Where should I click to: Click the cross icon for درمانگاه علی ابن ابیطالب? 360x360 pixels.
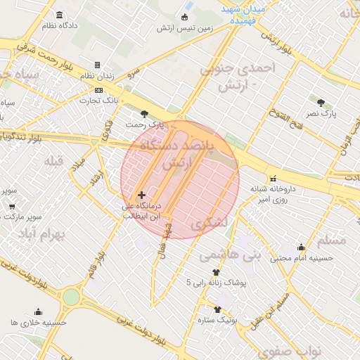pyautogui.click(x=141, y=195)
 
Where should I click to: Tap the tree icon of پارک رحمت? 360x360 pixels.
pyautogui.click(x=145, y=114)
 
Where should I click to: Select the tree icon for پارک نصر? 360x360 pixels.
pyautogui.click(x=321, y=103)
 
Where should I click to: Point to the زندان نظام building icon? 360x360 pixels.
pyautogui.click(x=97, y=65)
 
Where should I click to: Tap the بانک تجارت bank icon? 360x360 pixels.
pyautogui.click(x=98, y=90)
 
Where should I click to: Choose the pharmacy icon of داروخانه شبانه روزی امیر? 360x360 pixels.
pyautogui.click(x=273, y=179)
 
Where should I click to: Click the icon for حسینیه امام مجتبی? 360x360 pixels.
pyautogui.click(x=301, y=247)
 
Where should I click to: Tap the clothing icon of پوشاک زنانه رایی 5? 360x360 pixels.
pyautogui.click(x=215, y=273)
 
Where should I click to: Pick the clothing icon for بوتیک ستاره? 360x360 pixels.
pyautogui.click(x=217, y=309)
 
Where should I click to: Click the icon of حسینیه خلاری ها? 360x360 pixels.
pyautogui.click(x=38, y=312)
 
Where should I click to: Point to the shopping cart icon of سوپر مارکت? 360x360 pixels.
pyautogui.click(x=11, y=207)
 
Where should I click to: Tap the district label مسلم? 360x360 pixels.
pyautogui.click(x=332, y=240)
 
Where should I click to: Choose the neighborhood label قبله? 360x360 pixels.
pyautogui.click(x=54, y=161)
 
